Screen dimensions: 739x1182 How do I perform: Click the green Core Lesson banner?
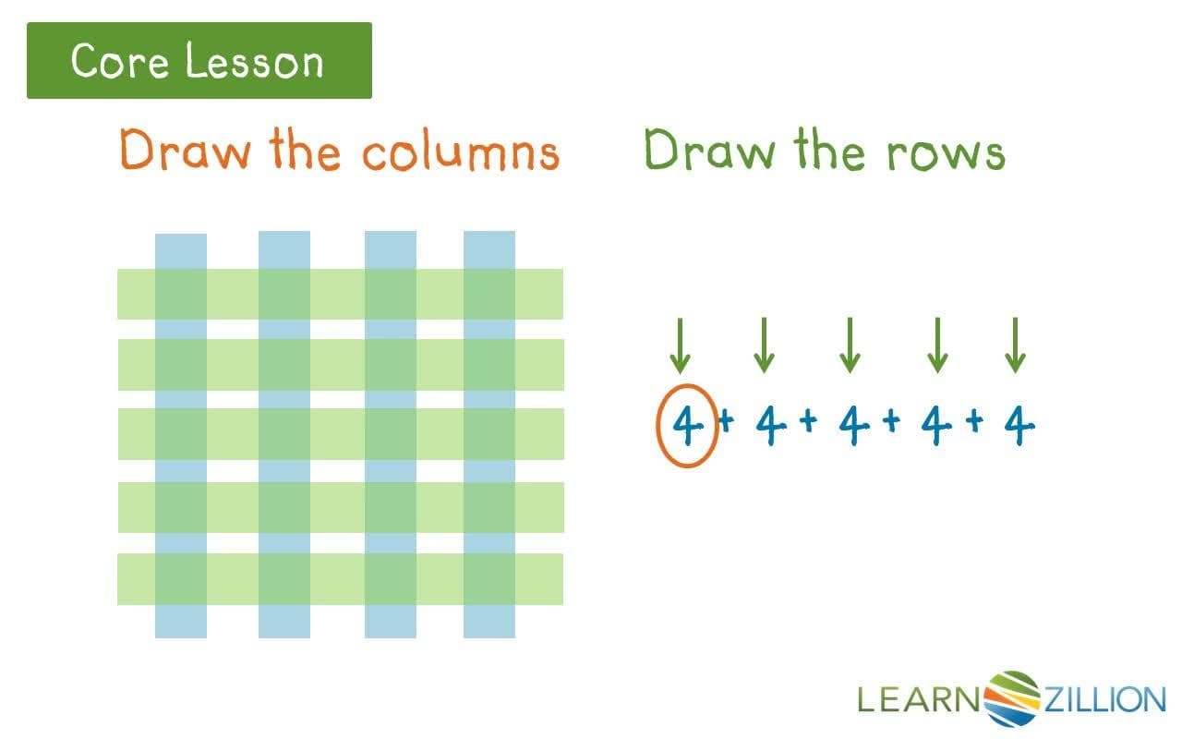click(199, 61)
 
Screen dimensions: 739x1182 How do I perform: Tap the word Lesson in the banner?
click(254, 62)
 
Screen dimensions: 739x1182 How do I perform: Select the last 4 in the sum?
click(1019, 426)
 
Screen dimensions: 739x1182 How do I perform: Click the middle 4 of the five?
click(854, 426)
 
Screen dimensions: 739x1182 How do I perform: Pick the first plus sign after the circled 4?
click(726, 422)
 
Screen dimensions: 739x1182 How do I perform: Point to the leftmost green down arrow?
click(681, 345)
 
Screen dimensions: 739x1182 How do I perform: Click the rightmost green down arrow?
click(1016, 345)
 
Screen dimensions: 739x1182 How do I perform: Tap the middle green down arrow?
click(850, 345)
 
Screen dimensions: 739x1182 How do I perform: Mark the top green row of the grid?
click(340, 294)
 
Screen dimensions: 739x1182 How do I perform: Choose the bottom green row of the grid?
click(340, 579)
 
